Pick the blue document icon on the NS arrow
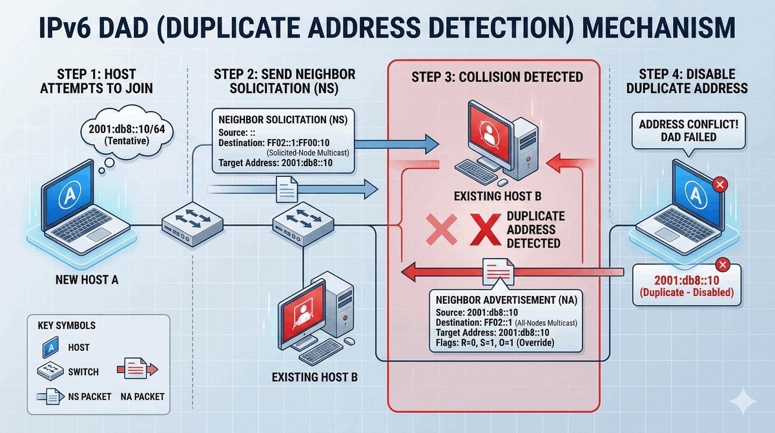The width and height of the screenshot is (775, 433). (285, 189)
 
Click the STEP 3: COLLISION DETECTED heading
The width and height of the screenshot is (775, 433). (497, 77)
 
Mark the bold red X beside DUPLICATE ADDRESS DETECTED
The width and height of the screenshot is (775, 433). (486, 230)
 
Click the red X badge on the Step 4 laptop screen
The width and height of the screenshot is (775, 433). (718, 186)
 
